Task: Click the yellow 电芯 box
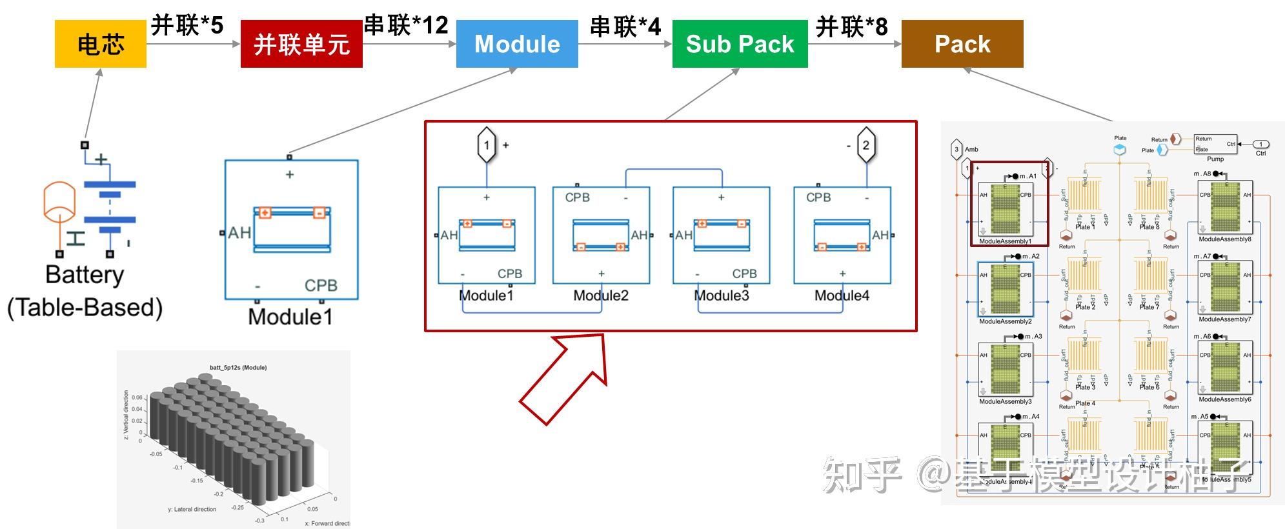(100, 44)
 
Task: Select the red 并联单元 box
(301, 44)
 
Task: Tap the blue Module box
(517, 44)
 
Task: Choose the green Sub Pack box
(740, 44)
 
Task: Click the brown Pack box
(962, 44)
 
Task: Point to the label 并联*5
(187, 26)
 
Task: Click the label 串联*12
(407, 25)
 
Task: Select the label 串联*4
(625, 26)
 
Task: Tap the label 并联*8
(852, 26)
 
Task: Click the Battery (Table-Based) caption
(85, 291)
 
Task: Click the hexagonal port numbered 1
(487, 145)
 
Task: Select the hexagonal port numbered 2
(865, 145)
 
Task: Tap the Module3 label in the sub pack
(722, 295)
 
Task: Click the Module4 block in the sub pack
(842, 235)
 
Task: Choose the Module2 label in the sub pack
(601, 295)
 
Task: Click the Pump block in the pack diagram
(1215, 145)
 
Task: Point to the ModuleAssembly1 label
(1005, 241)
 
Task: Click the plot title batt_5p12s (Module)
(238, 368)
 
